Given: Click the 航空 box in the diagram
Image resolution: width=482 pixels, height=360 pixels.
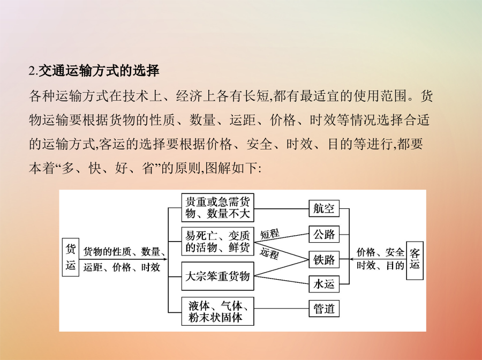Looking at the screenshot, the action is [324, 208].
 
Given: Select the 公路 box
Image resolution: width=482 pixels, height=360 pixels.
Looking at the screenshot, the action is [324, 234].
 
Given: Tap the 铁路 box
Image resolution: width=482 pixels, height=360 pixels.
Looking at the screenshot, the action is [324, 259].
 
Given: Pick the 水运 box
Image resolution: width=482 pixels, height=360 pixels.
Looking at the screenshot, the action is [324, 284].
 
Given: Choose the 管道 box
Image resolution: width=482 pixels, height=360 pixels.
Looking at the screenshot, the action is [324, 309].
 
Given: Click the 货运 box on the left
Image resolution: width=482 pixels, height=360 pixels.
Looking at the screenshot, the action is [70, 257].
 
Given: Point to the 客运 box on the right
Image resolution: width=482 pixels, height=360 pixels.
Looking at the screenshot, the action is [415, 260].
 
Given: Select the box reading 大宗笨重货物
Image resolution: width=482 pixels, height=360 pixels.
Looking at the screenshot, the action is [217, 276].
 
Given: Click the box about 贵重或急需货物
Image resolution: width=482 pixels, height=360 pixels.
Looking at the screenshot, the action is [217, 207].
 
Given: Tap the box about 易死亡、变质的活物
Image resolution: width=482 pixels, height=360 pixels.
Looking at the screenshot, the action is [217, 241].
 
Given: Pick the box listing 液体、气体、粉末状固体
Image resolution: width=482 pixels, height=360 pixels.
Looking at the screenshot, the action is [217, 311].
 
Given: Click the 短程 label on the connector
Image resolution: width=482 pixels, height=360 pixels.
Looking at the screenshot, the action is [270, 234].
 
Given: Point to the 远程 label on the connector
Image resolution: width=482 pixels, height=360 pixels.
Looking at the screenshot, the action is [269, 253].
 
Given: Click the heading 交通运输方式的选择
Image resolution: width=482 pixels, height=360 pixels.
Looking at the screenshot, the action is [99, 71].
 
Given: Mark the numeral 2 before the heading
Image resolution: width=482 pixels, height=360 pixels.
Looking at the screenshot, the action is [32, 71].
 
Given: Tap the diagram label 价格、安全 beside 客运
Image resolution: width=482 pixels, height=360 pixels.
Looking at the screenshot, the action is [380, 252].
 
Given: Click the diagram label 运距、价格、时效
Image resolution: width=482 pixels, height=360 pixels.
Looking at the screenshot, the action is [122, 267].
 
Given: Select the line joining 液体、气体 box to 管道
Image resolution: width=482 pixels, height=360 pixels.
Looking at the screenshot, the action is [281, 309].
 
